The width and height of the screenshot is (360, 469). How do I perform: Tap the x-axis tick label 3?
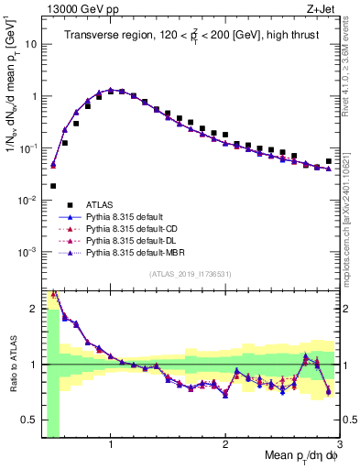click(338, 444)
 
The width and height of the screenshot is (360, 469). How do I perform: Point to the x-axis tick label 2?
click(225, 444)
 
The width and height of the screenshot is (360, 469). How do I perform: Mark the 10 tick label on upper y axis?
click(30, 43)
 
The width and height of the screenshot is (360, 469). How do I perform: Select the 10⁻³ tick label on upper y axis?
click(27, 251)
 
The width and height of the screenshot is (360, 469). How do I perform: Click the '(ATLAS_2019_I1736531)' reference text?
click(191, 274)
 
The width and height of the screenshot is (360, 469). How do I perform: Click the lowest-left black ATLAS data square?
click(53, 186)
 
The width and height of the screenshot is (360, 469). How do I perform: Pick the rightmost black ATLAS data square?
click(329, 161)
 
